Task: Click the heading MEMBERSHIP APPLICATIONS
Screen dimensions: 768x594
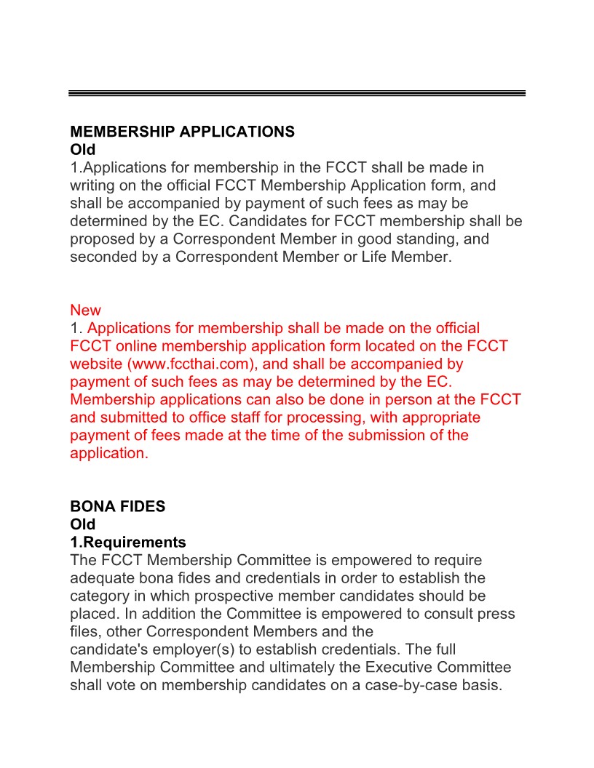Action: click(x=182, y=132)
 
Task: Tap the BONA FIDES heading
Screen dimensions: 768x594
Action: click(x=117, y=507)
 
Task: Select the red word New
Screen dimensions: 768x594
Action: click(x=85, y=311)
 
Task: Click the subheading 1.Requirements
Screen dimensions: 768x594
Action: click(x=127, y=543)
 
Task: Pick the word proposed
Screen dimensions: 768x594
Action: click(x=100, y=239)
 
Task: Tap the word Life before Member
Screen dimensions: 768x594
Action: click(x=376, y=257)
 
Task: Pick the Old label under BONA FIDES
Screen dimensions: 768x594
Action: click(x=82, y=524)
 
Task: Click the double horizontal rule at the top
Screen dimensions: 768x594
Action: click(x=297, y=93)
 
